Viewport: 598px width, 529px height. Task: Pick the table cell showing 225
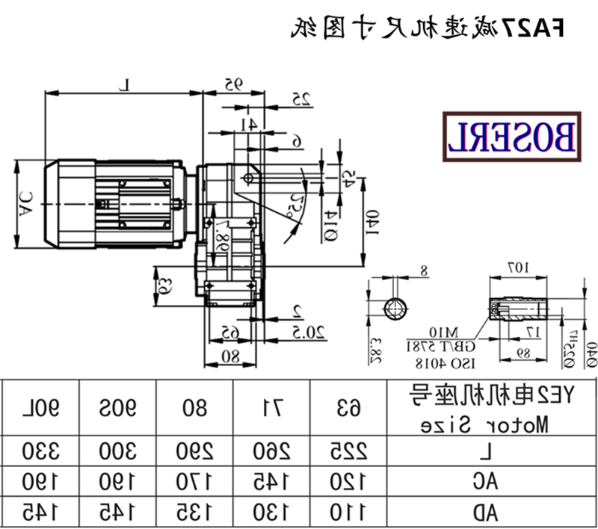point(348,453)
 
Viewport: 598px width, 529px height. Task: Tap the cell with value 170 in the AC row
point(194,483)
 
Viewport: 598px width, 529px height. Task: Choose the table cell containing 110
point(348,513)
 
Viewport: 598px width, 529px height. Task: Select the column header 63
point(348,408)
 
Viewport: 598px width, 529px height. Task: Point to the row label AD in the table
point(489,513)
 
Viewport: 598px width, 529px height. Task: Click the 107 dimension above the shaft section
point(516,267)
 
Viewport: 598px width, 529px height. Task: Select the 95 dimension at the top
point(235,84)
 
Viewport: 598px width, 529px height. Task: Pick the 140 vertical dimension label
point(373,222)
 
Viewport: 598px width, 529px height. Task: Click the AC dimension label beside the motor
point(25,202)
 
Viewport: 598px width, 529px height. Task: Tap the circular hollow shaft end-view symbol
point(395,309)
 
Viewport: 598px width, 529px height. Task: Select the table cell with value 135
point(194,513)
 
